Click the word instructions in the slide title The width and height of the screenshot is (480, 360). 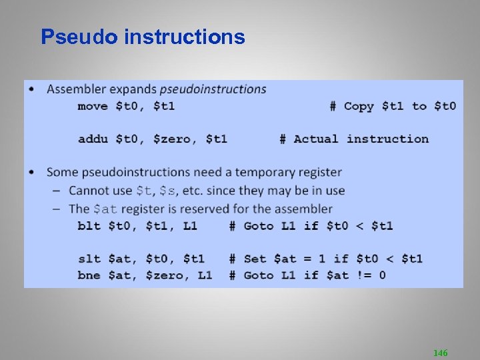click(184, 37)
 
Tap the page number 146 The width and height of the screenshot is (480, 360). click(440, 352)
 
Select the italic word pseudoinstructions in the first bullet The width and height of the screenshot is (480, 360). click(213, 89)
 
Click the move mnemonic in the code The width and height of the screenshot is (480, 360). click(92, 106)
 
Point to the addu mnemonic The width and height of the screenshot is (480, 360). click(92, 139)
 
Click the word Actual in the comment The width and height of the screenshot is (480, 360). click(315, 139)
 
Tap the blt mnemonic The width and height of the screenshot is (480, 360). click(88, 226)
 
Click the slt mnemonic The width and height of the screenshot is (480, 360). click(88, 259)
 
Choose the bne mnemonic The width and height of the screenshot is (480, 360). click(88, 275)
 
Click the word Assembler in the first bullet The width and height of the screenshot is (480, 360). click(76, 89)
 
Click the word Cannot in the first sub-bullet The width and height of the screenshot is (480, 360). click(89, 191)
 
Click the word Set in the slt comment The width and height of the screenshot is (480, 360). click(255, 259)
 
